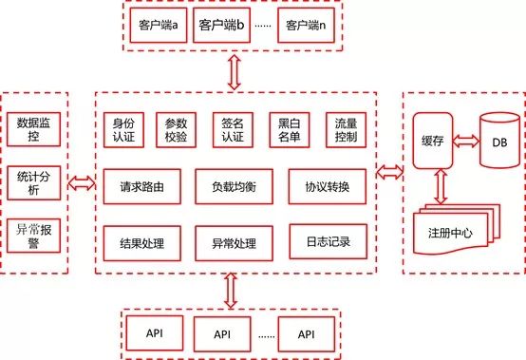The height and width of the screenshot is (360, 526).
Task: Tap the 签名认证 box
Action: (x=233, y=130)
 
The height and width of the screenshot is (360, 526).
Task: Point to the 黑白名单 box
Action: (x=288, y=130)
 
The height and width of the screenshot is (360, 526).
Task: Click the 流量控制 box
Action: (x=342, y=130)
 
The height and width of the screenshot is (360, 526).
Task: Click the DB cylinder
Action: (x=499, y=141)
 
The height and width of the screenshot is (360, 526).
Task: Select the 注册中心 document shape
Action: (x=453, y=232)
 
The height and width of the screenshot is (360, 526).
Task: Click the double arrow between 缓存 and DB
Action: (x=466, y=141)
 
